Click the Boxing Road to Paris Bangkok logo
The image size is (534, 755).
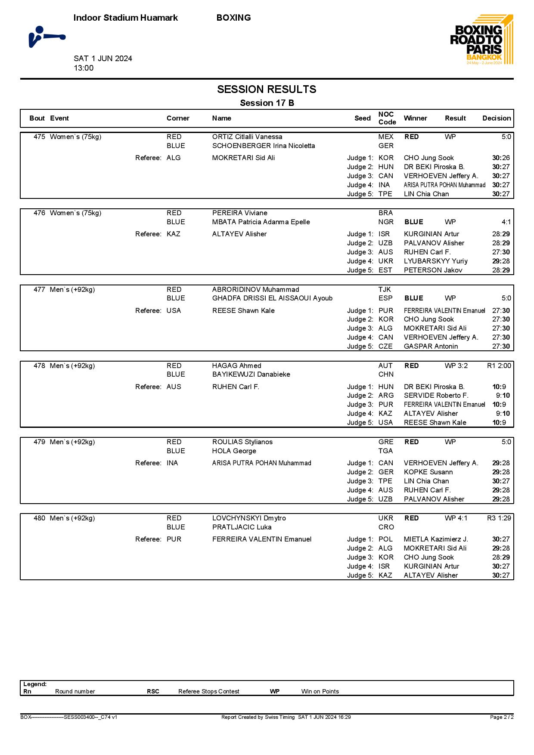[x=481, y=40]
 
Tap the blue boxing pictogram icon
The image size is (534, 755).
[x=47, y=37]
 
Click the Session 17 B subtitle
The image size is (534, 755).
[x=267, y=103]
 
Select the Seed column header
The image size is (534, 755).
[x=362, y=118]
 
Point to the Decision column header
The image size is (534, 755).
[x=496, y=118]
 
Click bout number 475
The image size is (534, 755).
[x=39, y=137]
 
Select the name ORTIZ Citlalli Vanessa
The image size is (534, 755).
[x=247, y=137]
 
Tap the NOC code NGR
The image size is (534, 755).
[x=386, y=222]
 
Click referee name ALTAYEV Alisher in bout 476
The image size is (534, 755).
[x=239, y=234]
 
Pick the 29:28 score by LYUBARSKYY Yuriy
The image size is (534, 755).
[x=501, y=261]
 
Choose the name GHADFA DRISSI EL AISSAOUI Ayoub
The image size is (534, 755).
[x=272, y=298]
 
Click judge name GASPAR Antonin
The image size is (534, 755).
[x=431, y=347]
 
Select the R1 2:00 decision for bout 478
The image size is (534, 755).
[x=499, y=366]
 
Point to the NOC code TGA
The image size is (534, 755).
[x=385, y=451]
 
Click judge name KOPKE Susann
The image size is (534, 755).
[x=428, y=472]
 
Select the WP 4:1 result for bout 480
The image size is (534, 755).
[x=456, y=518]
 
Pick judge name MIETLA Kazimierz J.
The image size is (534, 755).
[x=436, y=539]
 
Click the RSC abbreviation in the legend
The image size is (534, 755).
[x=153, y=691]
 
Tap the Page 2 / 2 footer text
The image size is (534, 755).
[x=502, y=717]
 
